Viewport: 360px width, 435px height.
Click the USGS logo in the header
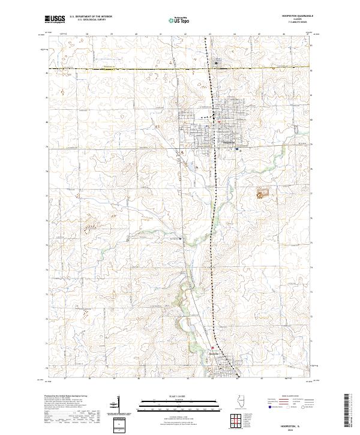[x=55, y=19]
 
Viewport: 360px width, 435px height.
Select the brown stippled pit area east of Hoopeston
[x=262, y=193]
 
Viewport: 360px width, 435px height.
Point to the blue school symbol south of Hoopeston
[x=238, y=149]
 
